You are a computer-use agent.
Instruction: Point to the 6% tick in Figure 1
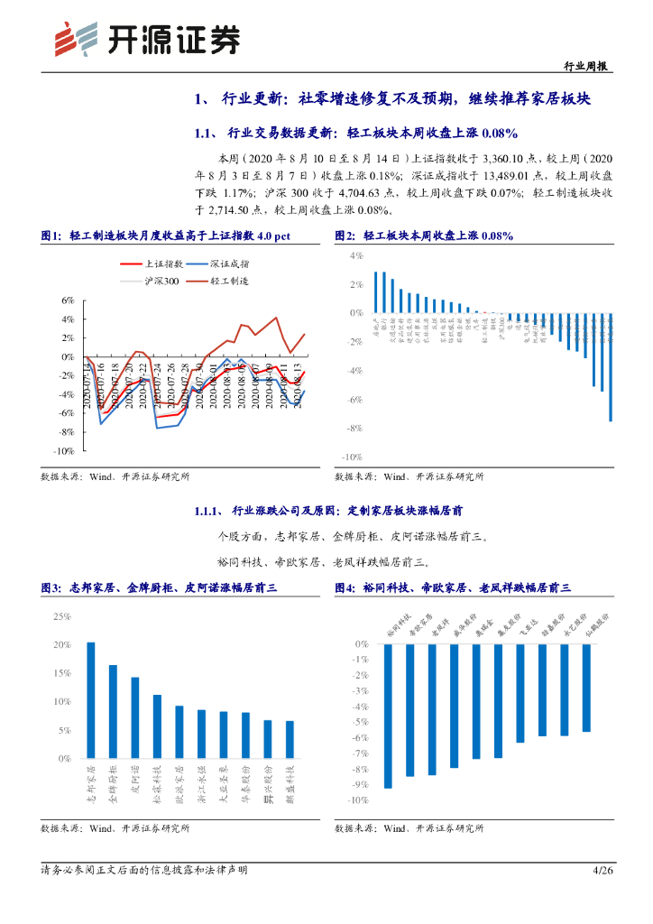pyautogui.click(x=67, y=300)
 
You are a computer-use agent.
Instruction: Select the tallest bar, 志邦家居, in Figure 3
pyautogui.click(x=90, y=700)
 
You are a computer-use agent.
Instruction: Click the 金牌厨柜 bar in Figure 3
pyautogui.click(x=113, y=712)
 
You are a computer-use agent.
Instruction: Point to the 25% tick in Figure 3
pyautogui.click(x=62, y=616)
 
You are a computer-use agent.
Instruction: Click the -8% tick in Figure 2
pyautogui.click(x=354, y=428)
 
